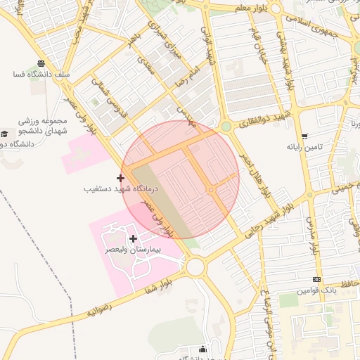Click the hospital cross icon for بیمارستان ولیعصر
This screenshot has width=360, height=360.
click(134, 239)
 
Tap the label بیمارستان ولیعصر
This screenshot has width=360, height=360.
click(134, 250)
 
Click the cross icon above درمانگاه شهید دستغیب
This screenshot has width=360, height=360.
click(121, 178)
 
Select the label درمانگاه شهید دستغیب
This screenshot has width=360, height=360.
click(122, 189)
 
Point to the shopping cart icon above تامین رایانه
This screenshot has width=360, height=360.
click(304, 136)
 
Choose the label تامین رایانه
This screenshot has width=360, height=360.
click(304, 148)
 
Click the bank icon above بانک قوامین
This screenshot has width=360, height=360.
click(317, 279)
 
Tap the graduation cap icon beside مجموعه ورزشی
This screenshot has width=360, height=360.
click(5, 134)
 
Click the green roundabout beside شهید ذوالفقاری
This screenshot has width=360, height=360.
click(226, 127)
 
